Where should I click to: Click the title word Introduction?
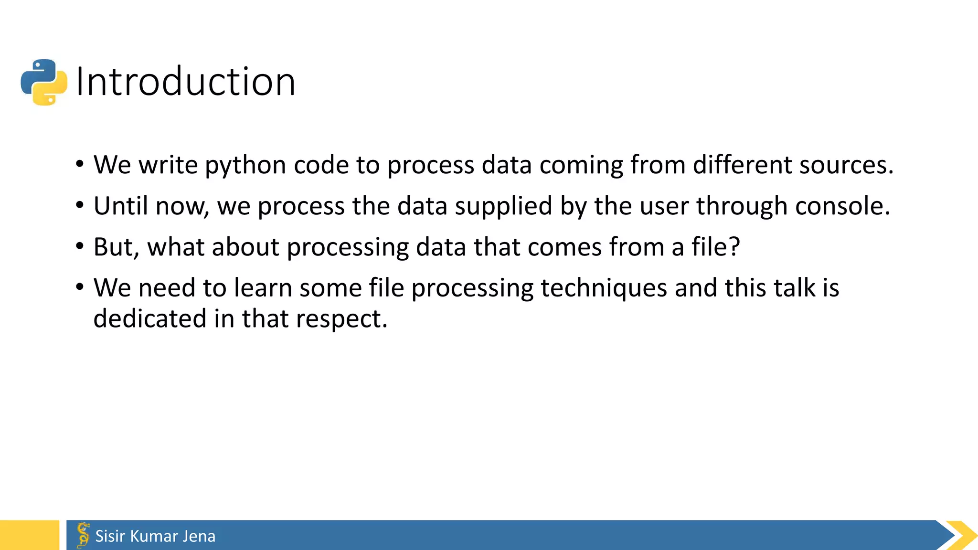185,82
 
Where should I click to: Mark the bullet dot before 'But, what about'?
80,247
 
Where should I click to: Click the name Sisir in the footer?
110,536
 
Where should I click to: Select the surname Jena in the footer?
199,536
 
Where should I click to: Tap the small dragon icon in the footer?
83,535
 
